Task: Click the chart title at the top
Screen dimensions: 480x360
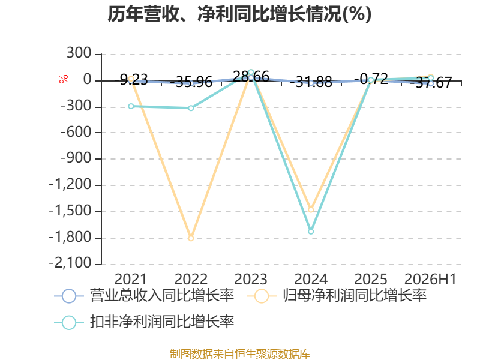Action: [x=239, y=14]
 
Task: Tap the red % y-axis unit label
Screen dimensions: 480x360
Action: [x=64, y=79]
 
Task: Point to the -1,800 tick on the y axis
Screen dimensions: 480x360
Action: [x=70, y=237]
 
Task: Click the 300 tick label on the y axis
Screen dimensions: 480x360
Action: [x=79, y=53]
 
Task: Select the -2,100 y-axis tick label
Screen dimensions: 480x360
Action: [x=70, y=263]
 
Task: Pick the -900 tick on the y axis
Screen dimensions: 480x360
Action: [x=76, y=158]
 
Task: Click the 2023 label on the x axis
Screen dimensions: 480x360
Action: [x=251, y=279]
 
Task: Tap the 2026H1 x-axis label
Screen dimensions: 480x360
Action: [x=430, y=279]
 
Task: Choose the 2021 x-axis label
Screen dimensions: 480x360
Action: [x=131, y=279]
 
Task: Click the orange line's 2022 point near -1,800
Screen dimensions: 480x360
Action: [x=191, y=238]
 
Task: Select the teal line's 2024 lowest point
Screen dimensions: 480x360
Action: [x=311, y=232]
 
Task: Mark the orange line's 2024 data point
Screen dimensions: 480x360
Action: [x=311, y=209]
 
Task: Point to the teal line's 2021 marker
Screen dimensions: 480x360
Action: [x=131, y=106]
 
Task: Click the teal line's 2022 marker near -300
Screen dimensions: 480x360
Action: [x=191, y=108]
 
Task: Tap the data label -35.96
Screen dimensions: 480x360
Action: [x=191, y=82]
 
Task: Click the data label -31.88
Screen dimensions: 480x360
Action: [x=311, y=82]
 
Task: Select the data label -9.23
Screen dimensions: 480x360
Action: [x=131, y=80]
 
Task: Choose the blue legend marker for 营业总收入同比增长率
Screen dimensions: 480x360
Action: [x=69, y=296]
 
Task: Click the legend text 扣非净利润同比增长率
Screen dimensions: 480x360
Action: [x=162, y=322]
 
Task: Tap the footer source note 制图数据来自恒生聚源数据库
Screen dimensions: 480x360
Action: [x=240, y=354]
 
